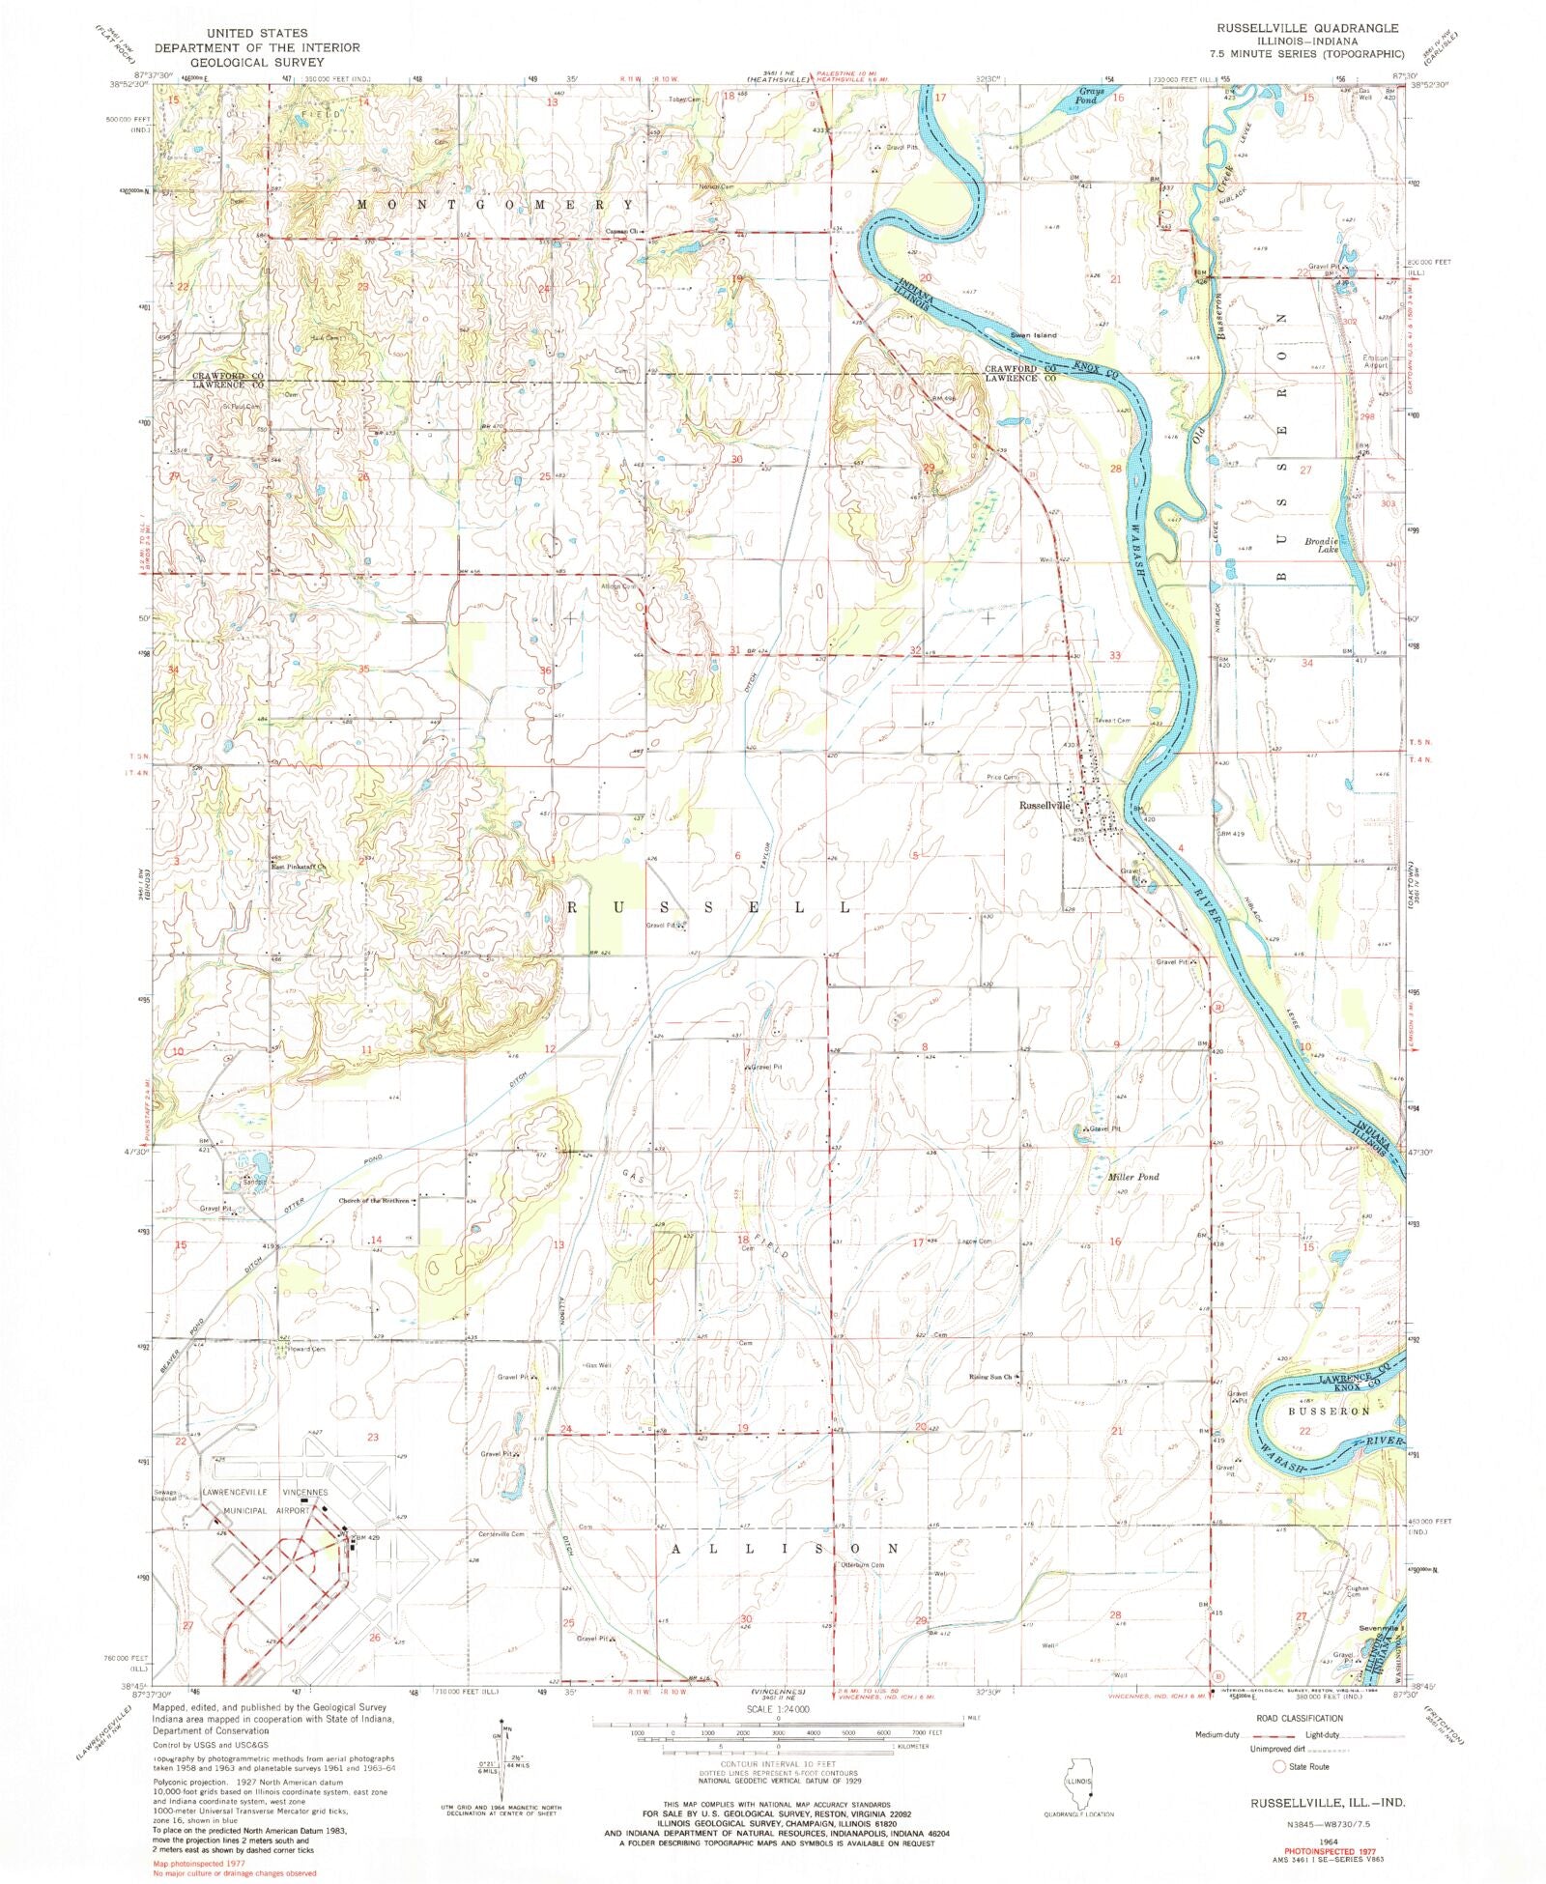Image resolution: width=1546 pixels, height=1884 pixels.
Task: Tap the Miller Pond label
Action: click(x=1133, y=1177)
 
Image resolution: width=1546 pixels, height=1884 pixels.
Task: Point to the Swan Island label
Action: click(x=1034, y=335)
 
